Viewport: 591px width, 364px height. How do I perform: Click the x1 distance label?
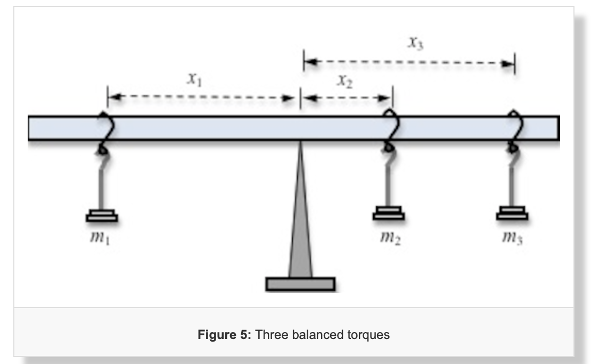point(194,80)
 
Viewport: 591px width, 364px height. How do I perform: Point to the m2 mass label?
point(390,237)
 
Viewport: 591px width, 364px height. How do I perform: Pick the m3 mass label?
point(513,237)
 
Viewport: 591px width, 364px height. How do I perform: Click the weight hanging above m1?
point(101,215)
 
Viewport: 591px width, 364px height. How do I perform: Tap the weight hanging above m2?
point(388,213)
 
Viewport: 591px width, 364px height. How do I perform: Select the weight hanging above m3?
point(512,213)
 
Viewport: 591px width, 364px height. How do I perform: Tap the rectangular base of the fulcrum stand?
point(300,284)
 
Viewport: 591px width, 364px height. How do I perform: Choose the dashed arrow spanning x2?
point(347,98)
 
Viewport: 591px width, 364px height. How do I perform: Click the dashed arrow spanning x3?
point(409,63)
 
